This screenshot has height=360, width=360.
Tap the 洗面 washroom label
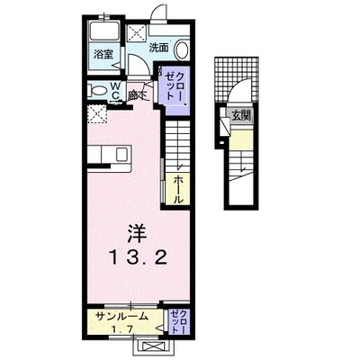(x=159, y=46)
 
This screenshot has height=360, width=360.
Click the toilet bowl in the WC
(x=96, y=89)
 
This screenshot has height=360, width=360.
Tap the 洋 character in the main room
(x=136, y=230)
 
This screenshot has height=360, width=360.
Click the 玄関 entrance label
(x=240, y=114)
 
